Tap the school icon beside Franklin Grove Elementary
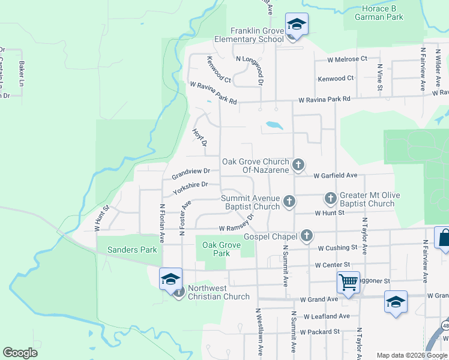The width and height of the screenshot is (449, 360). click(x=296, y=25)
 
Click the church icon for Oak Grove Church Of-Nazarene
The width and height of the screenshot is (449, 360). click(x=298, y=164)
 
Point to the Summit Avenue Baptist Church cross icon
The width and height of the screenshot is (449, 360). click(x=289, y=200)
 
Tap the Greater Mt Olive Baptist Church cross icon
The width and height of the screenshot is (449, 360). click(x=330, y=197)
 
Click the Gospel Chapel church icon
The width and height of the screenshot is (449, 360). click(x=307, y=235)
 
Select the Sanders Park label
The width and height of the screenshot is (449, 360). click(x=131, y=250)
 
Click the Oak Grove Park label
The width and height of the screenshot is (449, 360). click(x=217, y=249)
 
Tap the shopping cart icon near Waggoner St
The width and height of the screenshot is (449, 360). click(x=348, y=281)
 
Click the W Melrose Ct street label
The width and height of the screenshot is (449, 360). click(x=347, y=59)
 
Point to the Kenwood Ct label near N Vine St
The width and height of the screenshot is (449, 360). click(x=336, y=78)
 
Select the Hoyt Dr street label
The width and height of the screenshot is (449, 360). click(x=200, y=137)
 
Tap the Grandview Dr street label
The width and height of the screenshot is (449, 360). click(x=190, y=173)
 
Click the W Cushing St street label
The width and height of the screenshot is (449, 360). click(x=337, y=248)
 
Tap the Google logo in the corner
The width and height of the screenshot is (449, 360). click(x=20, y=353)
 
